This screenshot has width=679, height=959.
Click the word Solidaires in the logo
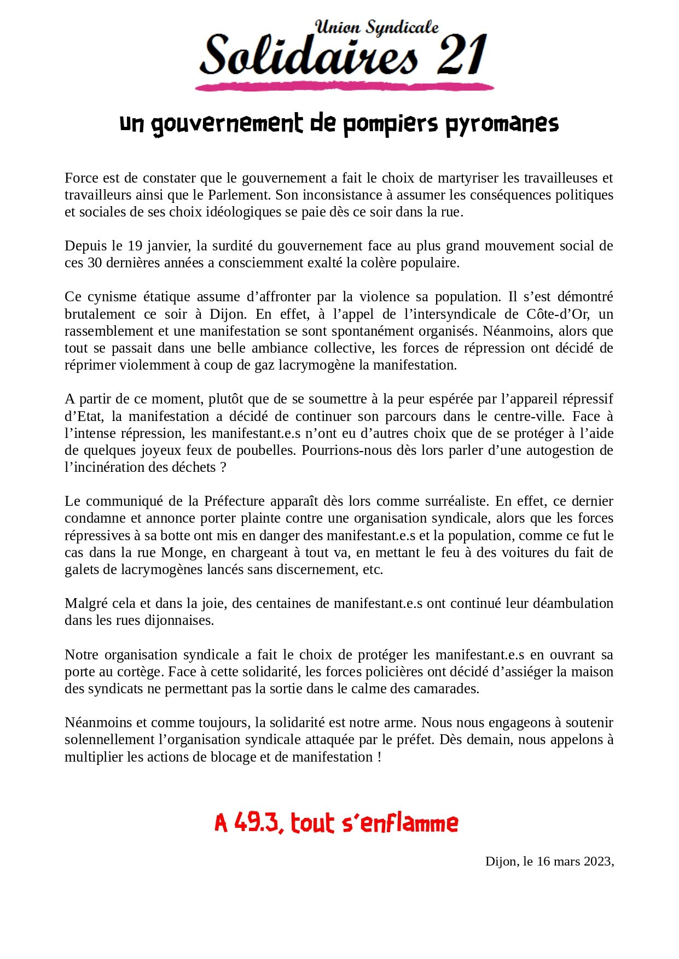[x=309, y=56]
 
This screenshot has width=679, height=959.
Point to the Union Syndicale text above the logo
[x=377, y=27]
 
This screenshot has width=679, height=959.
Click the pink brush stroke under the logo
[x=345, y=86]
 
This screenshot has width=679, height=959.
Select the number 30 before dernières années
[x=95, y=263]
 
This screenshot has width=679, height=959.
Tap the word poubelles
[x=265, y=451]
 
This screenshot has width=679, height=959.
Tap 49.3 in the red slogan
[x=257, y=823]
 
